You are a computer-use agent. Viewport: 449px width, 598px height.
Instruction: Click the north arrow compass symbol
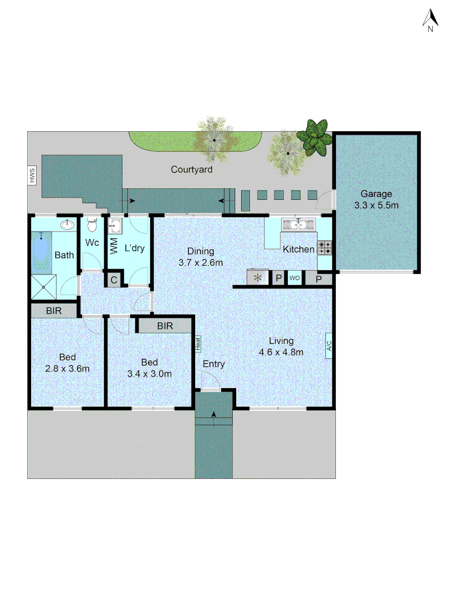tap(430, 20)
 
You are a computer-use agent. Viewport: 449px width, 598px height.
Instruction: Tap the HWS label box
tap(32, 176)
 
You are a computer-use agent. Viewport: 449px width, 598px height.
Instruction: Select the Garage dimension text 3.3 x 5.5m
tap(377, 205)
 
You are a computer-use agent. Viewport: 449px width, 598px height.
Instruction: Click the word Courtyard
tap(191, 170)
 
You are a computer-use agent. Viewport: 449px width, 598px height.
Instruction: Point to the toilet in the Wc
tap(92, 225)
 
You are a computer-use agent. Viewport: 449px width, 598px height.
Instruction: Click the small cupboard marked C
tap(114, 280)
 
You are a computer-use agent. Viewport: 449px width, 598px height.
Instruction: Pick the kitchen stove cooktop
tap(325, 248)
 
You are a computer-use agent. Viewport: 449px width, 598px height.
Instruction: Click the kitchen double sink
tap(298, 225)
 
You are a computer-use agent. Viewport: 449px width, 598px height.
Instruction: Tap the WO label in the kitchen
tap(294, 278)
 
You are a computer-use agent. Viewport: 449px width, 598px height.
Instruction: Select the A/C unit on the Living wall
tap(329, 346)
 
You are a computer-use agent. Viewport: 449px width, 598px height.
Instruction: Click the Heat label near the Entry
tap(198, 343)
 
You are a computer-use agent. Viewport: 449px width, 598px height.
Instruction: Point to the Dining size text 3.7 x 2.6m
tap(201, 262)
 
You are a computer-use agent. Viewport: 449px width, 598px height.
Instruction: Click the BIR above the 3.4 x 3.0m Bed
tap(165, 326)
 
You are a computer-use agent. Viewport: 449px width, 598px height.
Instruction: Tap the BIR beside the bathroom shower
tap(54, 311)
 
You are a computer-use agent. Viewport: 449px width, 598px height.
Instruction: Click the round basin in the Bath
tap(68, 225)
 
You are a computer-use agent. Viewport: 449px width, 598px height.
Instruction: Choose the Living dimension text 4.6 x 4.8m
tap(281, 352)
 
